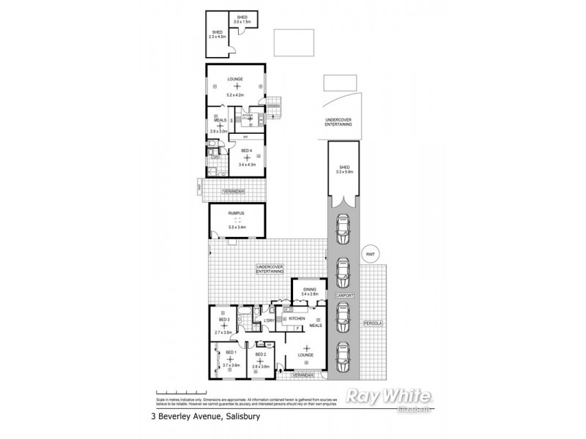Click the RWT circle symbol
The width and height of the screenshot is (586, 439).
[x=371, y=254]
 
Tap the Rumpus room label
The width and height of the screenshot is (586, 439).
[x=237, y=213]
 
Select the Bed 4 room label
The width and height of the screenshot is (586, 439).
[x=247, y=151]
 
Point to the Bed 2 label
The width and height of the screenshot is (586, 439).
[x=261, y=353]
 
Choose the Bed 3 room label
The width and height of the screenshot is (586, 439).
[x=224, y=320]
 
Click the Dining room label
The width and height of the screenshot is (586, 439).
[x=309, y=289]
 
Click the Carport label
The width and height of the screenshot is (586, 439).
[x=345, y=296]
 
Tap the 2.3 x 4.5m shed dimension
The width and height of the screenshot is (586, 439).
[x=218, y=37]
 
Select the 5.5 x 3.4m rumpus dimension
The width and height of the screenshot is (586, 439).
[x=237, y=227]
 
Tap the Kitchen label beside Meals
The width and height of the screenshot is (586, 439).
[x=296, y=320]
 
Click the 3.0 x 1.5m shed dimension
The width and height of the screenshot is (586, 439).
[x=242, y=23]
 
